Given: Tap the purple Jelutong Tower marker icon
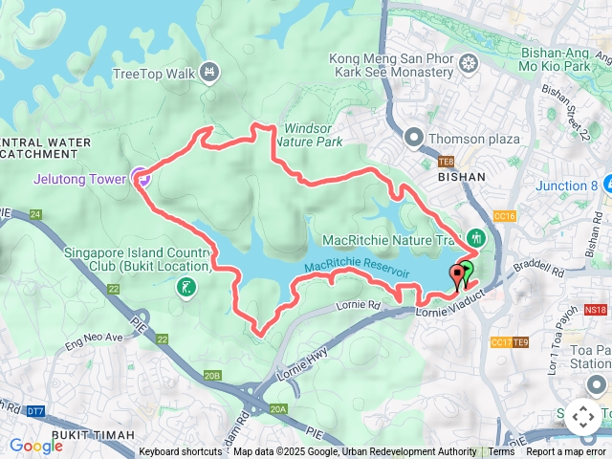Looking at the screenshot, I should click(x=141, y=176).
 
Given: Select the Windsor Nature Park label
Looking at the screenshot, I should click(x=313, y=135).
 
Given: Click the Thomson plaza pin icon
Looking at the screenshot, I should click(x=413, y=137).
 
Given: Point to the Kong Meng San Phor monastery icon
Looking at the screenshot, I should click(x=469, y=64).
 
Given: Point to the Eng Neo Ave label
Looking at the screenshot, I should click(x=94, y=337).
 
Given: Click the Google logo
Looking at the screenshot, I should click(x=35, y=446).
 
